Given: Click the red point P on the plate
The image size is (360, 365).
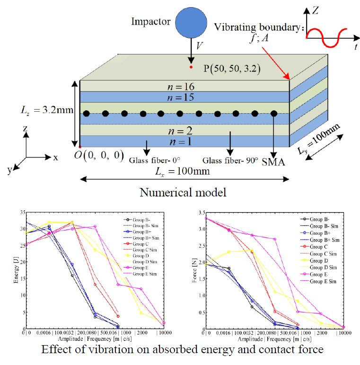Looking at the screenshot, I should pyautogui.click(x=191, y=67).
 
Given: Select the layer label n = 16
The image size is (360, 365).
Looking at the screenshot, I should pyautogui.click(x=184, y=86).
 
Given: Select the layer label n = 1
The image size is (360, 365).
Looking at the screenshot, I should pyautogui.click(x=184, y=141).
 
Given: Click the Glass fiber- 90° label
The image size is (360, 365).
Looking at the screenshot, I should pyautogui.click(x=230, y=160).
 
